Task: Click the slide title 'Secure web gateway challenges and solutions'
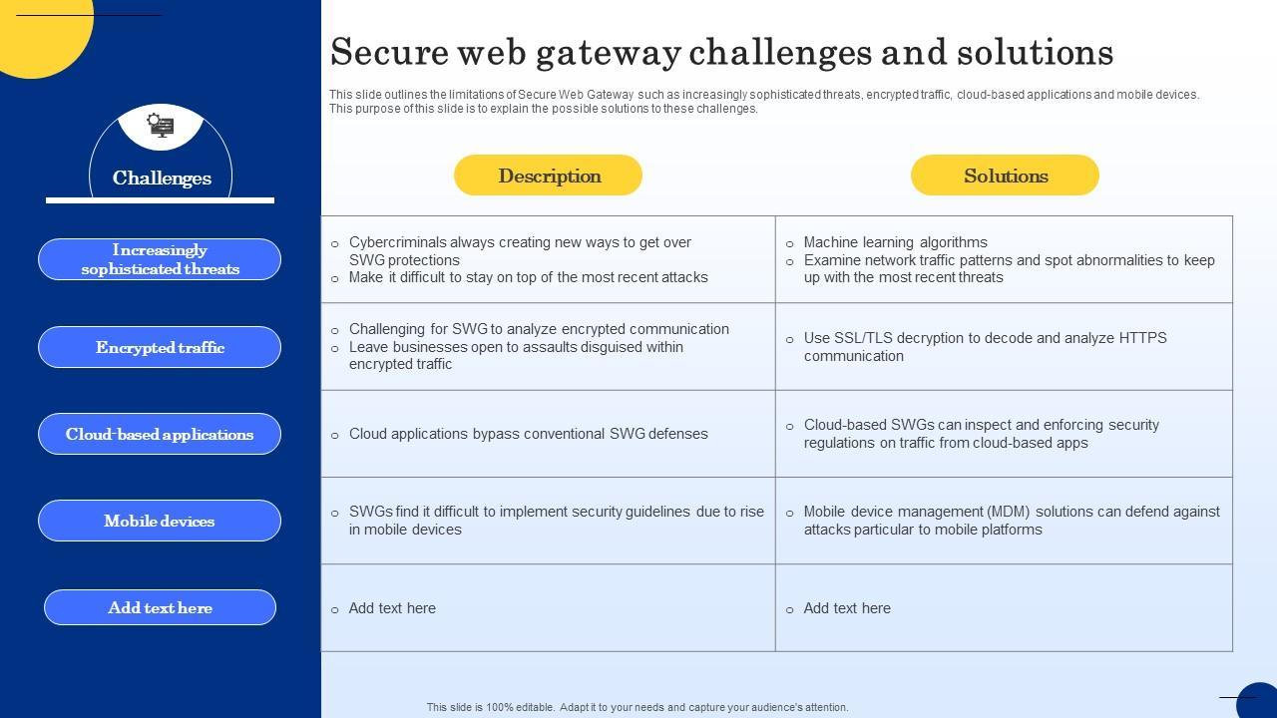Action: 721,52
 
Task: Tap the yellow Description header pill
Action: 548,176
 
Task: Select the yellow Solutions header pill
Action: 1005,176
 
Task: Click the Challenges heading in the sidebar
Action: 162,179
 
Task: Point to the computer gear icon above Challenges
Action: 161,125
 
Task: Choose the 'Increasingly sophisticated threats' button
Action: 160,259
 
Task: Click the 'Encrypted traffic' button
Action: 160,347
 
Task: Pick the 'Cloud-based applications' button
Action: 160,434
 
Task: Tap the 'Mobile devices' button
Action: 160,521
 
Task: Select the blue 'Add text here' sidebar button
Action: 160,607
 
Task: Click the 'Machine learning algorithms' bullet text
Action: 895,242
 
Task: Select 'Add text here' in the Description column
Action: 392,608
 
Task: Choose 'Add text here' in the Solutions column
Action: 847,608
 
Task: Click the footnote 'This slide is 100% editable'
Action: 638,707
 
